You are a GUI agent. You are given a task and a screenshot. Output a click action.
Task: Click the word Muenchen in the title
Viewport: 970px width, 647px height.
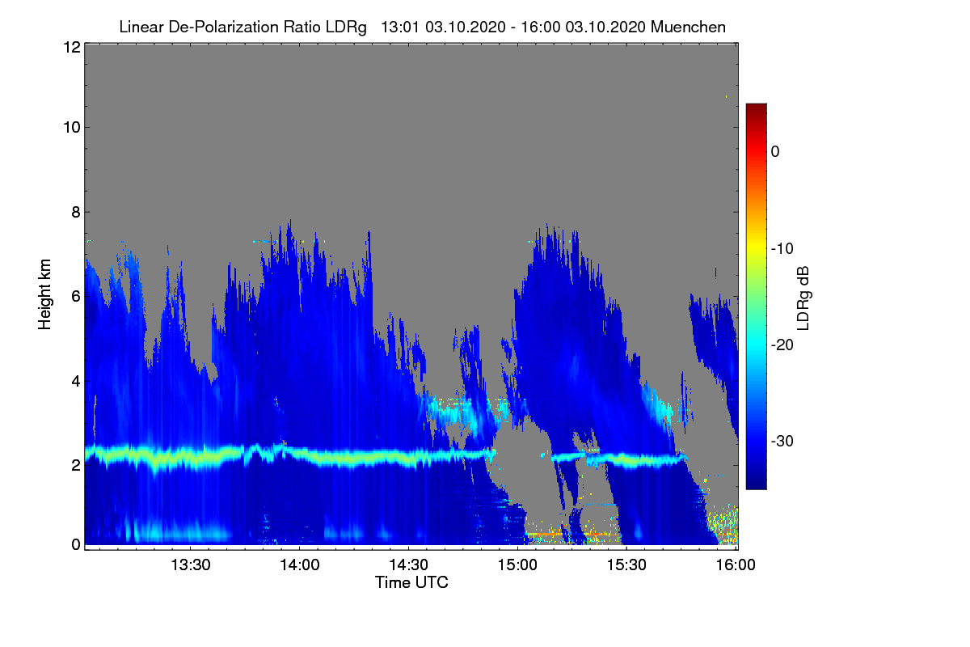[688, 27]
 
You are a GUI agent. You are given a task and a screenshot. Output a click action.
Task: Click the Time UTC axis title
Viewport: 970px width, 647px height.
[411, 582]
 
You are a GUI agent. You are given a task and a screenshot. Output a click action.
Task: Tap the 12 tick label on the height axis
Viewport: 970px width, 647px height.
[70, 47]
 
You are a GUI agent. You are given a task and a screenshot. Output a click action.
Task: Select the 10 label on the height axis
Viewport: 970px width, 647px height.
[70, 127]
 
